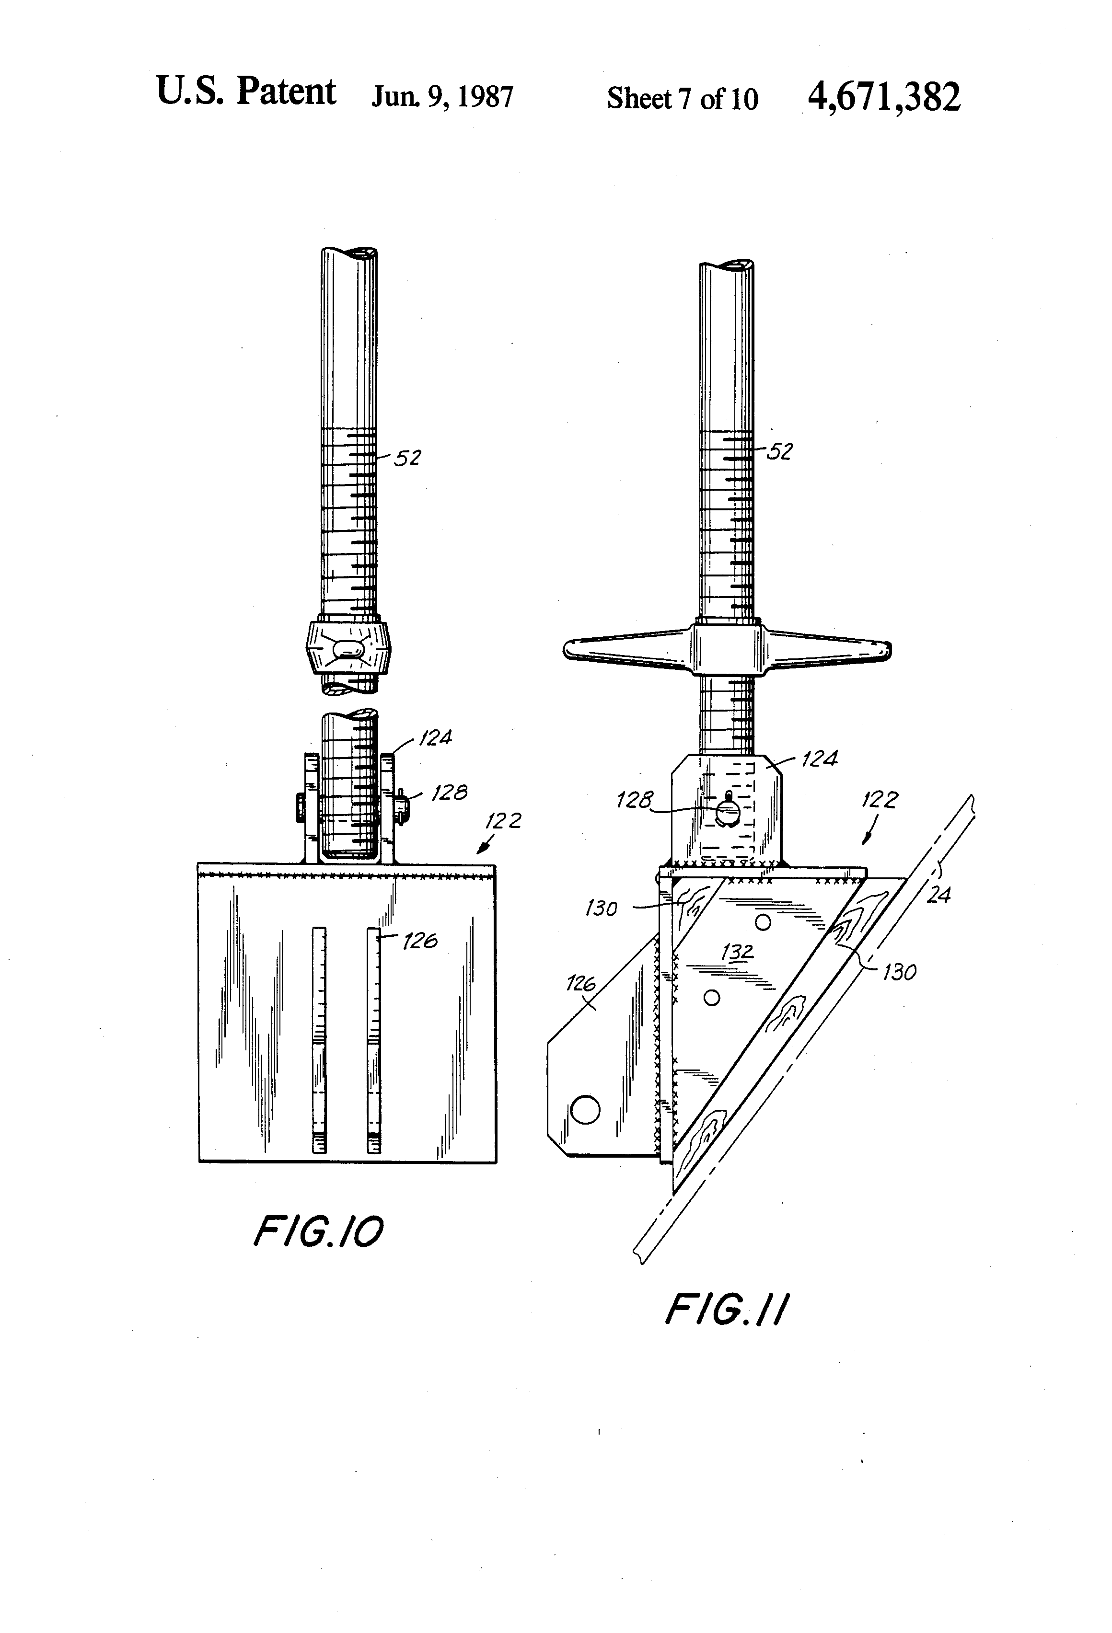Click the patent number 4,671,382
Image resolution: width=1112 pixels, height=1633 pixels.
click(x=883, y=97)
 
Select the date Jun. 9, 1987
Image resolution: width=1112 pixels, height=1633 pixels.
click(x=442, y=97)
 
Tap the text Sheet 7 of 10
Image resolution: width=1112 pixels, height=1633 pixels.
click(x=682, y=98)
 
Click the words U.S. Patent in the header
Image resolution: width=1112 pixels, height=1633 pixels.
click(x=246, y=92)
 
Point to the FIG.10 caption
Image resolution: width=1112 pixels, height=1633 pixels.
click(x=318, y=1232)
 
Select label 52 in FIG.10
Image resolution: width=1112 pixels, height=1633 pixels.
click(x=407, y=458)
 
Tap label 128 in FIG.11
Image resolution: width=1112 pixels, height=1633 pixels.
click(x=634, y=800)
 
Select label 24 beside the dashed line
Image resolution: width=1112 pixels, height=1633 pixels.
click(x=938, y=895)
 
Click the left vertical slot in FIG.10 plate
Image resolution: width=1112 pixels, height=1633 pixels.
click(x=319, y=1040)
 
